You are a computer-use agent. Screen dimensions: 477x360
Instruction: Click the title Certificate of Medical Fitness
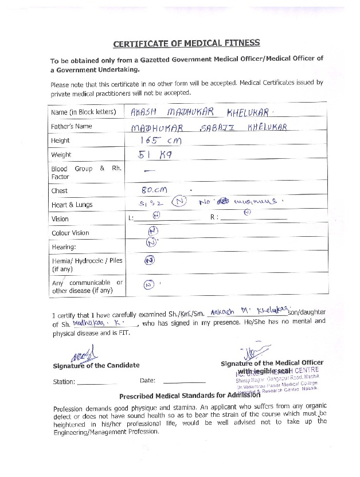pos(186,43)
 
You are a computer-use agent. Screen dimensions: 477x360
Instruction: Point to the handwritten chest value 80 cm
pos(150,190)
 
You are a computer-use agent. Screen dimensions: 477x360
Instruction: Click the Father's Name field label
pos(72,126)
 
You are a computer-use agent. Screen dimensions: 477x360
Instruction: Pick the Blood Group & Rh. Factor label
pos(85,173)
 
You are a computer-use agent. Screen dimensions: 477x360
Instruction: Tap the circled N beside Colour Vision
pos(152,231)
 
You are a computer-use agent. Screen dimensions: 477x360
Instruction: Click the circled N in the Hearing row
pos(151,243)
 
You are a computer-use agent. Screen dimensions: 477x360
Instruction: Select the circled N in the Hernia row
pos(149,260)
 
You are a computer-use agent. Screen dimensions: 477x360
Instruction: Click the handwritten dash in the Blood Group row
pos(150,171)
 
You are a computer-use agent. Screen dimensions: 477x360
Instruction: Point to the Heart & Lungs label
pos(72,205)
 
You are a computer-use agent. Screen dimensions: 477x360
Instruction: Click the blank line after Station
pos(96,382)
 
